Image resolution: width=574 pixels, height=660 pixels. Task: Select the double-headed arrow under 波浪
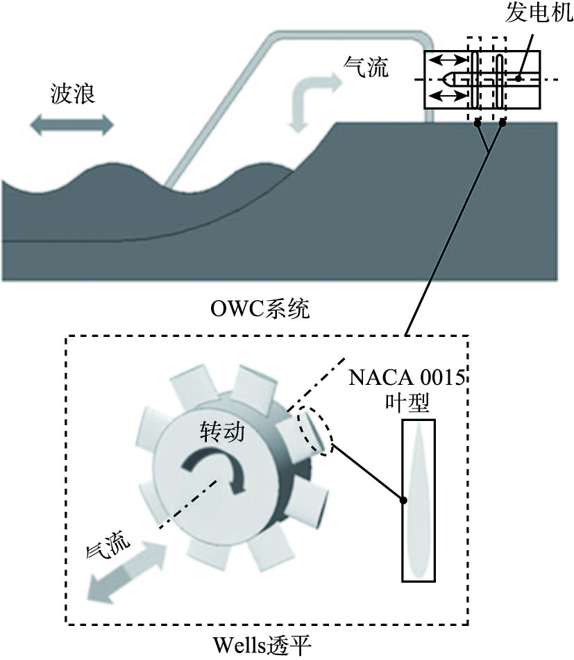pyautogui.click(x=72, y=126)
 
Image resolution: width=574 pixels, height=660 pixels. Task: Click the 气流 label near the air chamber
pyautogui.click(x=366, y=67)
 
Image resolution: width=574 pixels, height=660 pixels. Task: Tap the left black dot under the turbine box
pyautogui.click(x=477, y=124)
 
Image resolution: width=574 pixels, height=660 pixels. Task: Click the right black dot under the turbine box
pyautogui.click(x=503, y=124)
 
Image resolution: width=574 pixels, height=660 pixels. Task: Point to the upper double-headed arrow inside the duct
pyautogui.click(x=448, y=61)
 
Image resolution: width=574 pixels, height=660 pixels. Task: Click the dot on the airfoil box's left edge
pyautogui.click(x=403, y=498)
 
